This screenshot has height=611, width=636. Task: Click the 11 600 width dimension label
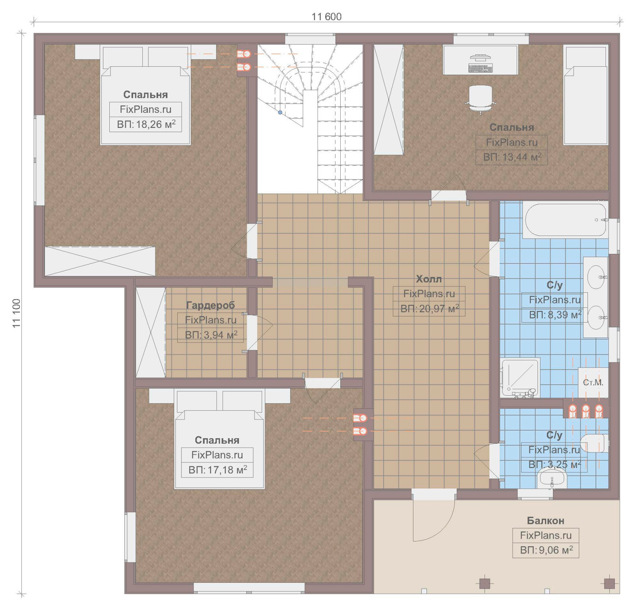326,17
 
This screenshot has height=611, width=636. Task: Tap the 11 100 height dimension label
16,313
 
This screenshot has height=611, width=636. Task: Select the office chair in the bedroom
481,99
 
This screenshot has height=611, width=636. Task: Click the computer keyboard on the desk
481,68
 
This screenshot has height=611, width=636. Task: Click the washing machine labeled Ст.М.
593,383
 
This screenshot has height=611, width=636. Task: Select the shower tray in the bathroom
520,377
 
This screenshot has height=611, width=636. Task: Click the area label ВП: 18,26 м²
146,124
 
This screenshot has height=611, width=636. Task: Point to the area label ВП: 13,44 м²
512,157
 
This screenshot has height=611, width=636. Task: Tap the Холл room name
429,279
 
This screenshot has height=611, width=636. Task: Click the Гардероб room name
210,305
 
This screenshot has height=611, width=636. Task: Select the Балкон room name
545,520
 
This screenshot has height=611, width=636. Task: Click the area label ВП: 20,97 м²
429,309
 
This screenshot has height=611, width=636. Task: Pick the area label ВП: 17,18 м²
217,470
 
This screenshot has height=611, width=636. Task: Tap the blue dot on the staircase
280,112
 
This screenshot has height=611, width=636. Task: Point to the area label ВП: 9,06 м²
546,550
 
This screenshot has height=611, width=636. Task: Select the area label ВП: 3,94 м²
211,335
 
